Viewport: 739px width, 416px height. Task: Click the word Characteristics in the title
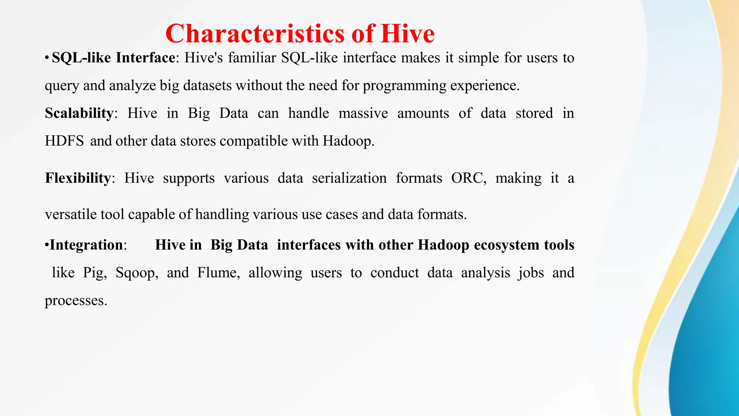click(x=255, y=34)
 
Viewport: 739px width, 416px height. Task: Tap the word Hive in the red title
click(x=407, y=34)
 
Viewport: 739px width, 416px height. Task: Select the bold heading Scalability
click(x=79, y=113)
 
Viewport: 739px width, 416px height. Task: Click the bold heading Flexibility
click(x=78, y=178)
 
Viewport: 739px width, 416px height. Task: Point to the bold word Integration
click(x=86, y=245)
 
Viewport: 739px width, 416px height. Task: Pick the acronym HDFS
click(x=64, y=141)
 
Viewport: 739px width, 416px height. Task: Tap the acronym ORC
click(x=468, y=178)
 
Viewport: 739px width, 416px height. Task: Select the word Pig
click(x=95, y=273)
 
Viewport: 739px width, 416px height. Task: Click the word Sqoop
click(x=137, y=273)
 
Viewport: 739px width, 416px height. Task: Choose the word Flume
click(x=218, y=273)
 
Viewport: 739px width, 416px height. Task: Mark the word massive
click(x=363, y=113)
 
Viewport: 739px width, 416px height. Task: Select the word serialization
click(x=349, y=178)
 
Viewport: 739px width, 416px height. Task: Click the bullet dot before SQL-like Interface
click(x=47, y=58)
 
